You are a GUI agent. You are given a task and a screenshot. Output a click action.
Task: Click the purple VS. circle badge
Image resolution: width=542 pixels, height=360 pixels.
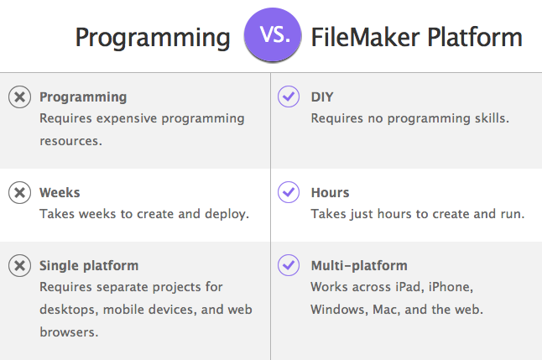point(273,34)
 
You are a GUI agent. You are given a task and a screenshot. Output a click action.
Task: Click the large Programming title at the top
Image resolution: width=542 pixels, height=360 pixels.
point(153,39)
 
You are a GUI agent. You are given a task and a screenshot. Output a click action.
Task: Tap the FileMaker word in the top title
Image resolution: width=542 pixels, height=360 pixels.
point(366,37)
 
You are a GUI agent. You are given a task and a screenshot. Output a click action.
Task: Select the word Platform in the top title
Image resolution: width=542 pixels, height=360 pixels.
point(475,37)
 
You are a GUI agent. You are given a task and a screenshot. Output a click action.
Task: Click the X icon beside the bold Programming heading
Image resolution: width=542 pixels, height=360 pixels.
point(19,97)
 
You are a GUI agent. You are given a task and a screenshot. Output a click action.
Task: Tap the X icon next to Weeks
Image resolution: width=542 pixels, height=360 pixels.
point(19,192)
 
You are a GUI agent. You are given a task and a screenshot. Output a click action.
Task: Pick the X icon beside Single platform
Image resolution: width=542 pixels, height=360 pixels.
point(19,265)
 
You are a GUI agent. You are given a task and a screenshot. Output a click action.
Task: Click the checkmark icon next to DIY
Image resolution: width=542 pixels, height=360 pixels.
point(289,97)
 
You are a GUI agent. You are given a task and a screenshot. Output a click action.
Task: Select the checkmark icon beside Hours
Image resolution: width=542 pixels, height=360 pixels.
point(289,192)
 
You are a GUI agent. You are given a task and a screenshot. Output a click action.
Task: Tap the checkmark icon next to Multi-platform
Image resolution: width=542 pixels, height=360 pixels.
point(289,265)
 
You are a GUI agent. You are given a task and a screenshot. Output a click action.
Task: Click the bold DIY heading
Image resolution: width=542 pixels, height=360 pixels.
point(322,97)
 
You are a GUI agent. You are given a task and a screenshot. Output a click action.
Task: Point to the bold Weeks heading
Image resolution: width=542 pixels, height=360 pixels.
point(60,193)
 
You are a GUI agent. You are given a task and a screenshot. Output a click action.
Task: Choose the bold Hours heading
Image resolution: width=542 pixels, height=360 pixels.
point(330,193)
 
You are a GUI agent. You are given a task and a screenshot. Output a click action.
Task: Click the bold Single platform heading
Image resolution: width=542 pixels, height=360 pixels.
point(89,266)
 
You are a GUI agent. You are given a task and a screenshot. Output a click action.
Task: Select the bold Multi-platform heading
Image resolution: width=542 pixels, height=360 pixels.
point(359,266)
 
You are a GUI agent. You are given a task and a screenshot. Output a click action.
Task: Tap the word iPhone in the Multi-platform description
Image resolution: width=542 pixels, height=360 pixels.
point(451,287)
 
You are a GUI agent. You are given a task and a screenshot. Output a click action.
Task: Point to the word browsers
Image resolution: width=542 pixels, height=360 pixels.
point(69,332)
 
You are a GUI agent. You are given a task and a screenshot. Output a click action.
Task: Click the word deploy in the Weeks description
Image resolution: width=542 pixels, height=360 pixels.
point(227,215)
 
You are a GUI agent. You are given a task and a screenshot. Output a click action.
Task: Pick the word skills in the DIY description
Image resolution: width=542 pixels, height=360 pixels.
point(492,118)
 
